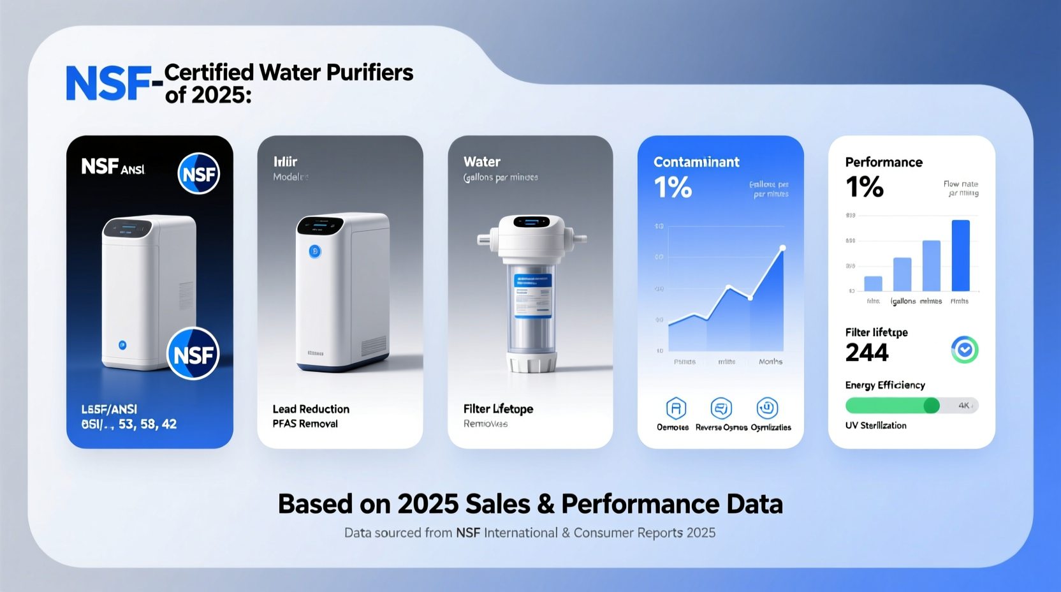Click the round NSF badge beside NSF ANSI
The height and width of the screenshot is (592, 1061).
pyautogui.click(x=198, y=174)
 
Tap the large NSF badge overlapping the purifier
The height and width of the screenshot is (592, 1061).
pyautogui.click(x=193, y=354)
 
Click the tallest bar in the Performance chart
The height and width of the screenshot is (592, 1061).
pyautogui.click(x=960, y=255)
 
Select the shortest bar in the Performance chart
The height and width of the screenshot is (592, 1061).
pyautogui.click(x=873, y=283)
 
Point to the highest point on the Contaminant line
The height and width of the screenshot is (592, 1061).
pyautogui.click(x=782, y=248)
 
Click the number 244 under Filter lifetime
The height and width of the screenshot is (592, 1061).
pyautogui.click(x=867, y=353)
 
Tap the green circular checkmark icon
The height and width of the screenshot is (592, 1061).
pyautogui.click(x=964, y=350)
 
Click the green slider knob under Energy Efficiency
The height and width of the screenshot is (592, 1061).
pyautogui.click(x=932, y=405)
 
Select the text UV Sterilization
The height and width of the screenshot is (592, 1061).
pyautogui.click(x=875, y=426)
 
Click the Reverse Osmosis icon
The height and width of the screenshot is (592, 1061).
pyautogui.click(x=721, y=408)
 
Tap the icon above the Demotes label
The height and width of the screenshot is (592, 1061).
pyautogui.click(x=675, y=408)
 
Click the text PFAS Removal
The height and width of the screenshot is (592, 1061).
pyautogui.click(x=305, y=424)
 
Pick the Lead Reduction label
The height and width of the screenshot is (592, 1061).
pyautogui.click(x=311, y=409)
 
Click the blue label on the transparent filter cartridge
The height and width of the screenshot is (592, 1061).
pyautogui.click(x=532, y=295)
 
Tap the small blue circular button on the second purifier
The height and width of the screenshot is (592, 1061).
pyautogui.click(x=315, y=251)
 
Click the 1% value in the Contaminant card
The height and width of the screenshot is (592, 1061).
pyautogui.click(x=673, y=187)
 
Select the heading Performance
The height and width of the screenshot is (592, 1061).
pyautogui.click(x=884, y=162)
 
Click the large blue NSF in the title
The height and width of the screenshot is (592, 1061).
pyautogui.click(x=109, y=84)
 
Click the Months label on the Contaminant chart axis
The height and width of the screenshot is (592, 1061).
pyautogui.click(x=770, y=362)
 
